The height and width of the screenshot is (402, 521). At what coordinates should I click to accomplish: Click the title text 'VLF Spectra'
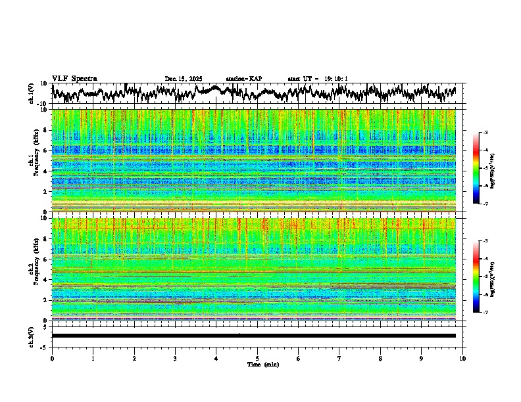pyautogui.click(x=74, y=78)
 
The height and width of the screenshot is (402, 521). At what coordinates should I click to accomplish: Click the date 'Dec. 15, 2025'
pyautogui.click(x=184, y=79)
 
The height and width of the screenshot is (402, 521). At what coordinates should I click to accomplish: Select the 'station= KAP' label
pyautogui.click(x=243, y=79)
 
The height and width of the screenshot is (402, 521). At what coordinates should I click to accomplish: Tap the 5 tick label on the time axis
pyautogui.click(x=257, y=359)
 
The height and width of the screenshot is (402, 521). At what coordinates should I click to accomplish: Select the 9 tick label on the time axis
pyautogui.click(x=422, y=359)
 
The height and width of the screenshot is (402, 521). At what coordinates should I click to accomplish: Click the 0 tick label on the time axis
pyautogui.click(x=52, y=359)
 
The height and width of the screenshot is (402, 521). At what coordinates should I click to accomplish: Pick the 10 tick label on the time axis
pyautogui.click(x=463, y=359)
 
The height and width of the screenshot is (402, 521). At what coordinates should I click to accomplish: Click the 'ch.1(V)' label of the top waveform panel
pyautogui.click(x=32, y=94)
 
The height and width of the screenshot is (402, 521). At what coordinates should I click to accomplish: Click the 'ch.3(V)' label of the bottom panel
pyautogui.click(x=32, y=336)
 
